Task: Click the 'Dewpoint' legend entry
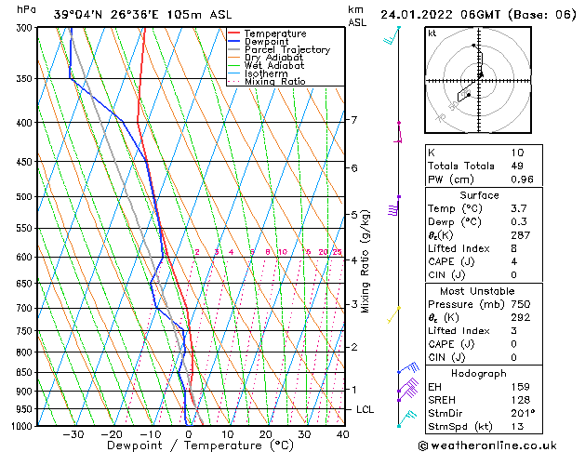point(265,42)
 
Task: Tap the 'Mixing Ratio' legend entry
point(274,82)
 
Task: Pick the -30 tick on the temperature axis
point(73,434)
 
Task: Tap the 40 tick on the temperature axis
point(343,434)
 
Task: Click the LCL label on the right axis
point(366,409)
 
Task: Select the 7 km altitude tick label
point(353,120)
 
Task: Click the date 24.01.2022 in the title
point(416,14)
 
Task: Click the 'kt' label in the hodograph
point(432,33)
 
